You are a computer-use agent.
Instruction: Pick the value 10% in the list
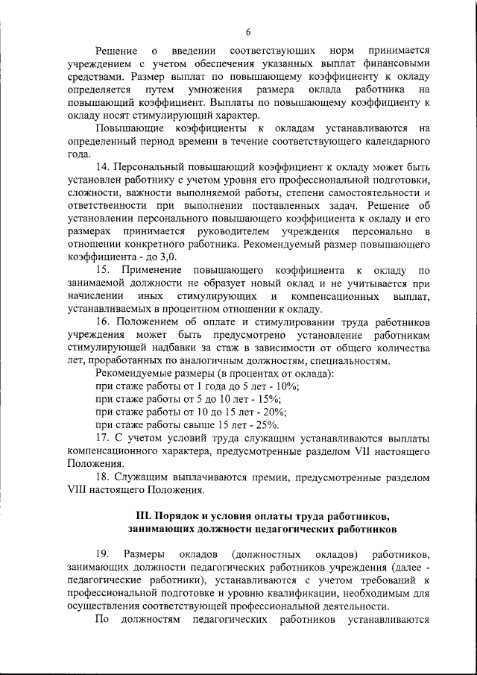288,386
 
